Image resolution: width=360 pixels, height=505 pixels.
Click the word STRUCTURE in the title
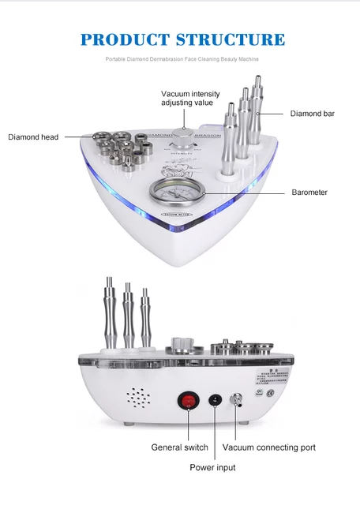[233, 39]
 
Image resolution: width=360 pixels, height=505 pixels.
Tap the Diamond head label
[33, 137]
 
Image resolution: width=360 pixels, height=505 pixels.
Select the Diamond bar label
[312, 114]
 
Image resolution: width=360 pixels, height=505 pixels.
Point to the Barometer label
[309, 192]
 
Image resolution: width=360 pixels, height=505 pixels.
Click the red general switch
[187, 400]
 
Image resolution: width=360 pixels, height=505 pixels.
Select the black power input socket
[213, 401]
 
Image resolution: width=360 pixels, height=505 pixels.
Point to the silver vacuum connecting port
[234, 401]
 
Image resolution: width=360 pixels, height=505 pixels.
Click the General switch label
[179, 447]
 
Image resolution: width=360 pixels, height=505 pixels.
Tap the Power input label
[213, 467]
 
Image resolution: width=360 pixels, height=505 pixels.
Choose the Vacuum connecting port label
[268, 447]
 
